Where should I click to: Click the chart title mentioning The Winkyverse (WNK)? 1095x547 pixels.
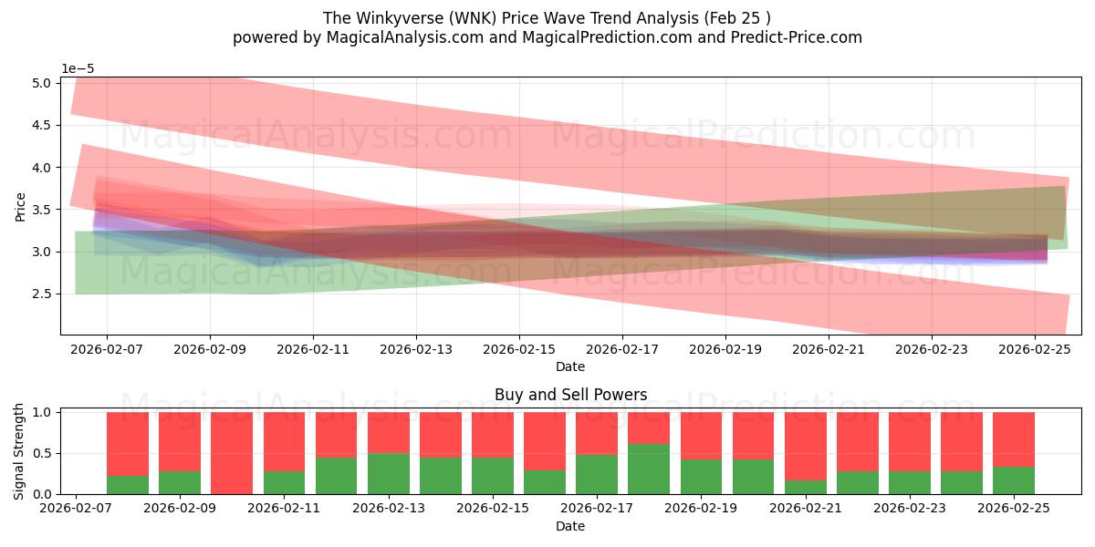(x=547, y=18)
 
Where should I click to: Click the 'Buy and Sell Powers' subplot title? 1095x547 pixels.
(x=570, y=395)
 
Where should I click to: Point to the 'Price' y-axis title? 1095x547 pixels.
(x=20, y=206)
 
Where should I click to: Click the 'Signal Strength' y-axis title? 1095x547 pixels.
(x=20, y=453)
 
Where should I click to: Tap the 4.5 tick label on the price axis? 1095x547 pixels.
(x=43, y=126)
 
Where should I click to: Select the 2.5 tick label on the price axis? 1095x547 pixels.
(x=43, y=294)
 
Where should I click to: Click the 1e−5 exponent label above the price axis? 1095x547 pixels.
(x=78, y=68)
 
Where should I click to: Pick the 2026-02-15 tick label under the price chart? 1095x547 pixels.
(x=519, y=349)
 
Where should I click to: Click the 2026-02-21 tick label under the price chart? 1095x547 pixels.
(x=829, y=349)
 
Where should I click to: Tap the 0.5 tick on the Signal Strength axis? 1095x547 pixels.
(x=43, y=453)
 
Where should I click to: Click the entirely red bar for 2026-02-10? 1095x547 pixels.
(x=232, y=453)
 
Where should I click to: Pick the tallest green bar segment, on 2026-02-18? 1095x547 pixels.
(x=649, y=470)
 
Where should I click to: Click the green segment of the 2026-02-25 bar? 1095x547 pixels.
(x=1013, y=480)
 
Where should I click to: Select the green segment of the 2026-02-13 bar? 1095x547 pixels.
(x=388, y=474)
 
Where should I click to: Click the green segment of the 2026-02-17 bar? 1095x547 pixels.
(x=597, y=474)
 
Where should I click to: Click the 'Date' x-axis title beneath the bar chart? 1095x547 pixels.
(x=570, y=526)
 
